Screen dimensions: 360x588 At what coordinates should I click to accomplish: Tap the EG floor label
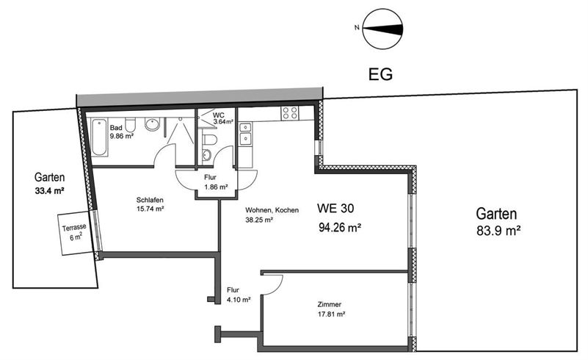[380, 74]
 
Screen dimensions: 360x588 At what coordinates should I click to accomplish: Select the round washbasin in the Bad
[153, 125]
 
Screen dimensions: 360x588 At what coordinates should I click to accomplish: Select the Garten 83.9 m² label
[497, 221]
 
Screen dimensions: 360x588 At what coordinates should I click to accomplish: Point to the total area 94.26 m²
[339, 227]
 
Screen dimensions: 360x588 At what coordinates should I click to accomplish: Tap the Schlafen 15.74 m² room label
[149, 204]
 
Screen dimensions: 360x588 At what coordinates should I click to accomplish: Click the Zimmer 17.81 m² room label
[330, 309]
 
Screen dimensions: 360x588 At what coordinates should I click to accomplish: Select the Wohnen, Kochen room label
[272, 210]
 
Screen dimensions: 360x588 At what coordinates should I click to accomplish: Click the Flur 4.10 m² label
[239, 295]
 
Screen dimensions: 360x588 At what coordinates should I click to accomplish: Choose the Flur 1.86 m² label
[215, 182]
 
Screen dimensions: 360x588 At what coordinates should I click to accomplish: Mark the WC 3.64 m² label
[222, 118]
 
